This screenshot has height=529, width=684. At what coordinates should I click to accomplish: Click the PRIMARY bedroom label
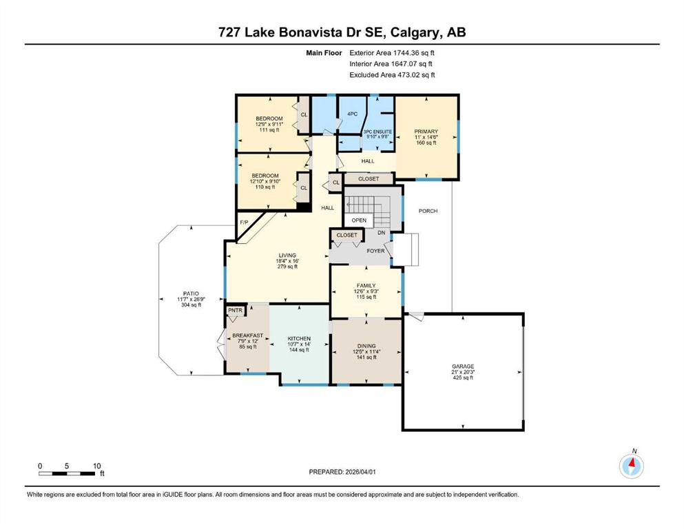[x=426, y=132]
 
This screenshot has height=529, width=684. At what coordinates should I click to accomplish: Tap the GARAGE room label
[x=463, y=366]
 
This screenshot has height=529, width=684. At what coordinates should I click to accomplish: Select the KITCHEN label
[x=299, y=338]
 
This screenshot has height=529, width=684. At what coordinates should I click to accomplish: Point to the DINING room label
[x=366, y=346]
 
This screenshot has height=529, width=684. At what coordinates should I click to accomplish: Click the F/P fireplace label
[x=244, y=222]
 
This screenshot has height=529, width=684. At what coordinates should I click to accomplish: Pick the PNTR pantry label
[x=235, y=311]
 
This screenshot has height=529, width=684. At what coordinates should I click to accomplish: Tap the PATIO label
[x=191, y=294]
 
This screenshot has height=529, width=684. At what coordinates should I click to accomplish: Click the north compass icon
[x=631, y=466]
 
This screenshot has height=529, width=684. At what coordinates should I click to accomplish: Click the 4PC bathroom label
[x=353, y=114]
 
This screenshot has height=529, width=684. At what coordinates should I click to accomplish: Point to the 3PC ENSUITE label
[x=377, y=132]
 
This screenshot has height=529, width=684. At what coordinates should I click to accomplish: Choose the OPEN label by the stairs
[x=359, y=220]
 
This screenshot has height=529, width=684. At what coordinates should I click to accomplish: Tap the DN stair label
[x=382, y=233]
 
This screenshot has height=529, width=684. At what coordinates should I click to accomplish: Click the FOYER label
[x=375, y=251]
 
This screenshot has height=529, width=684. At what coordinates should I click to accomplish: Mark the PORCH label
[x=428, y=211]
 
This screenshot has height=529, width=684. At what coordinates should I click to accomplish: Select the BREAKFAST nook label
[x=248, y=335]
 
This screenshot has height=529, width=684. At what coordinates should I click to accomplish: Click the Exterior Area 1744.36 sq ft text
[x=392, y=53]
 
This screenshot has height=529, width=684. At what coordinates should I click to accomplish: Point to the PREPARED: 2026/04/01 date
[x=342, y=472]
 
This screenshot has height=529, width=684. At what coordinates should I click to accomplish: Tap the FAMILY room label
[x=366, y=286]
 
